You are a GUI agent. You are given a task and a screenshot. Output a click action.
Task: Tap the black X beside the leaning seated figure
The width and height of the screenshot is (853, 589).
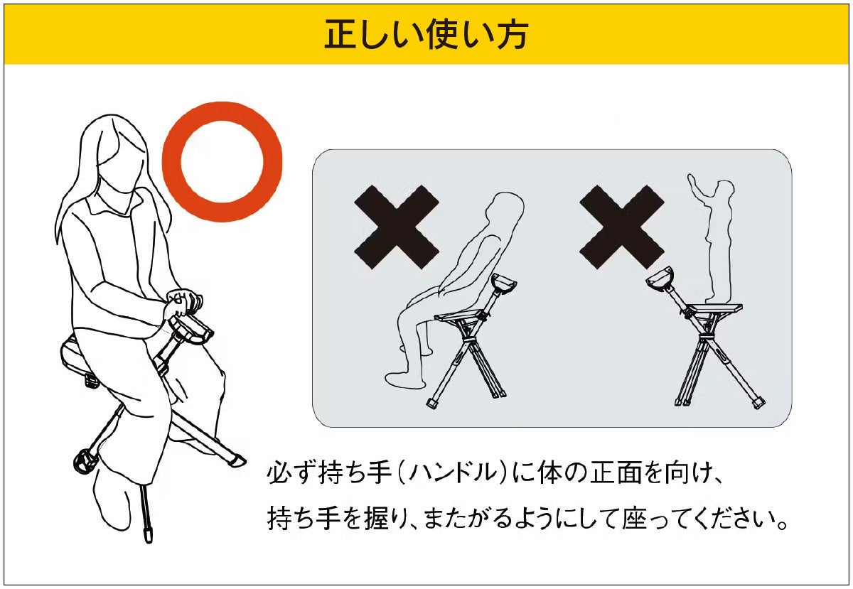click(397, 227)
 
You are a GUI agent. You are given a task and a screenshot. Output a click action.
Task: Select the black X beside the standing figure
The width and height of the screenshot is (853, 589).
click(622, 227)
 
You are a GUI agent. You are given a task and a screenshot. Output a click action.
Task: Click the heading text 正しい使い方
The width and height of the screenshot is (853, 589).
click(426, 34)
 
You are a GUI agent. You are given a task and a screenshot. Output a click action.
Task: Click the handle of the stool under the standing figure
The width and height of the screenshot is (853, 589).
click(660, 279)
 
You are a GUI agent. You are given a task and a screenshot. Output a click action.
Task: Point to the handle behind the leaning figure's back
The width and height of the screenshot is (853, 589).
click(504, 283)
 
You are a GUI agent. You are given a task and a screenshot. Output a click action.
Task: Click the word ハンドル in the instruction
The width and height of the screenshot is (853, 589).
click(454, 473)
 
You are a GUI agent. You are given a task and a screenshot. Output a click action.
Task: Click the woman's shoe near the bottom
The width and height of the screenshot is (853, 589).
click(112, 499)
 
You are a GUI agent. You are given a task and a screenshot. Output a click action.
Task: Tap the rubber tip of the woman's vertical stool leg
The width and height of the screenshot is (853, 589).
click(148, 534)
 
